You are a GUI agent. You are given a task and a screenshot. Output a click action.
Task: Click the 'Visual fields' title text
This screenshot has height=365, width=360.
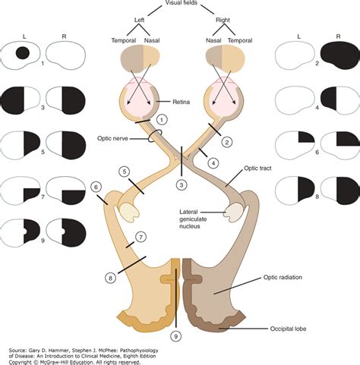pyautogui.click(x=180, y=4)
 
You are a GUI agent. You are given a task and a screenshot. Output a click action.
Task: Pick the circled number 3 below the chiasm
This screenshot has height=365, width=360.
pyautogui.click(x=182, y=184)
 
